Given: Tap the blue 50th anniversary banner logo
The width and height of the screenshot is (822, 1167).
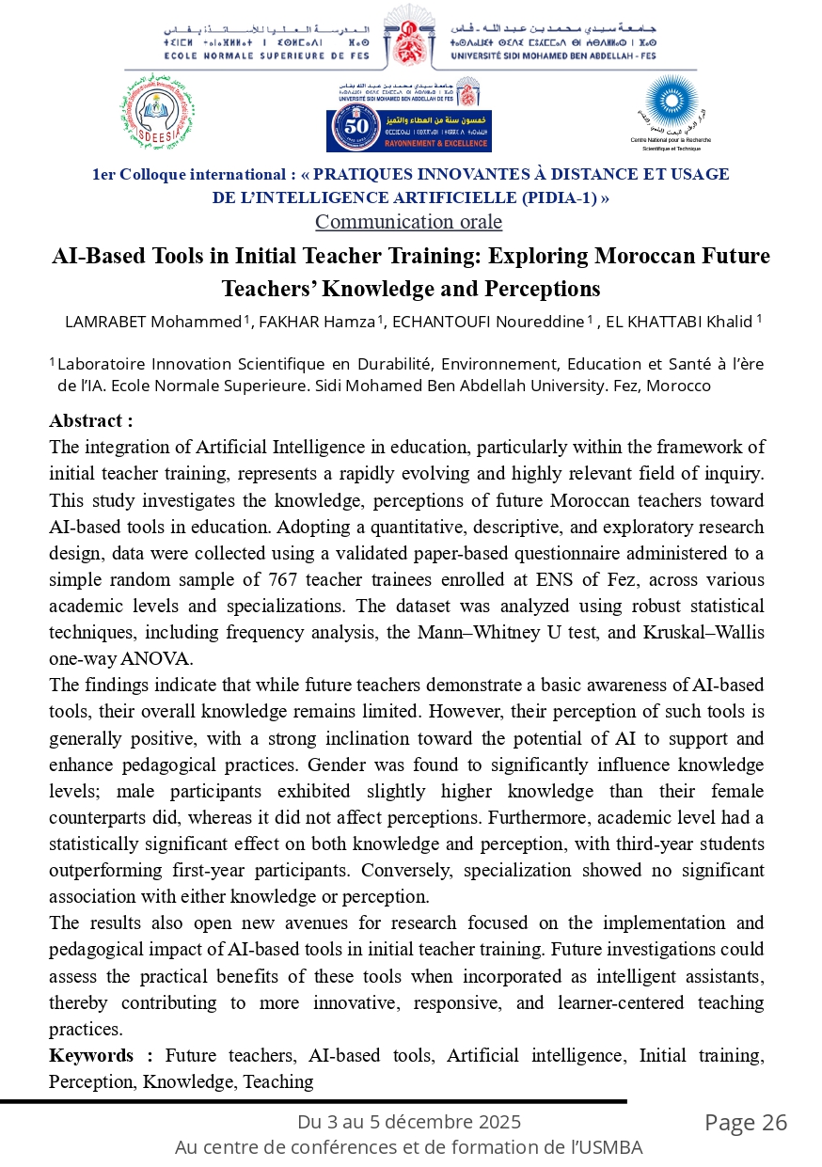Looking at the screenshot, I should [x=408, y=129].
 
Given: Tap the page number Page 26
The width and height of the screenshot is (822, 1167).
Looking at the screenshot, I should [x=746, y=1123].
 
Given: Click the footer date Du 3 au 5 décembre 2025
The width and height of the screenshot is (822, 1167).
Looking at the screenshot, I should [x=409, y=1122].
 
